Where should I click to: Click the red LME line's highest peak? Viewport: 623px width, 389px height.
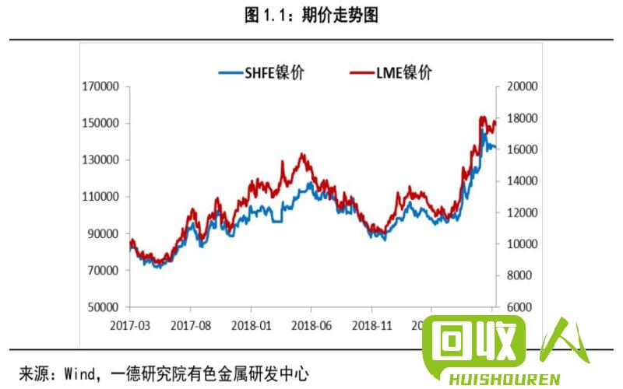pos(483,117)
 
